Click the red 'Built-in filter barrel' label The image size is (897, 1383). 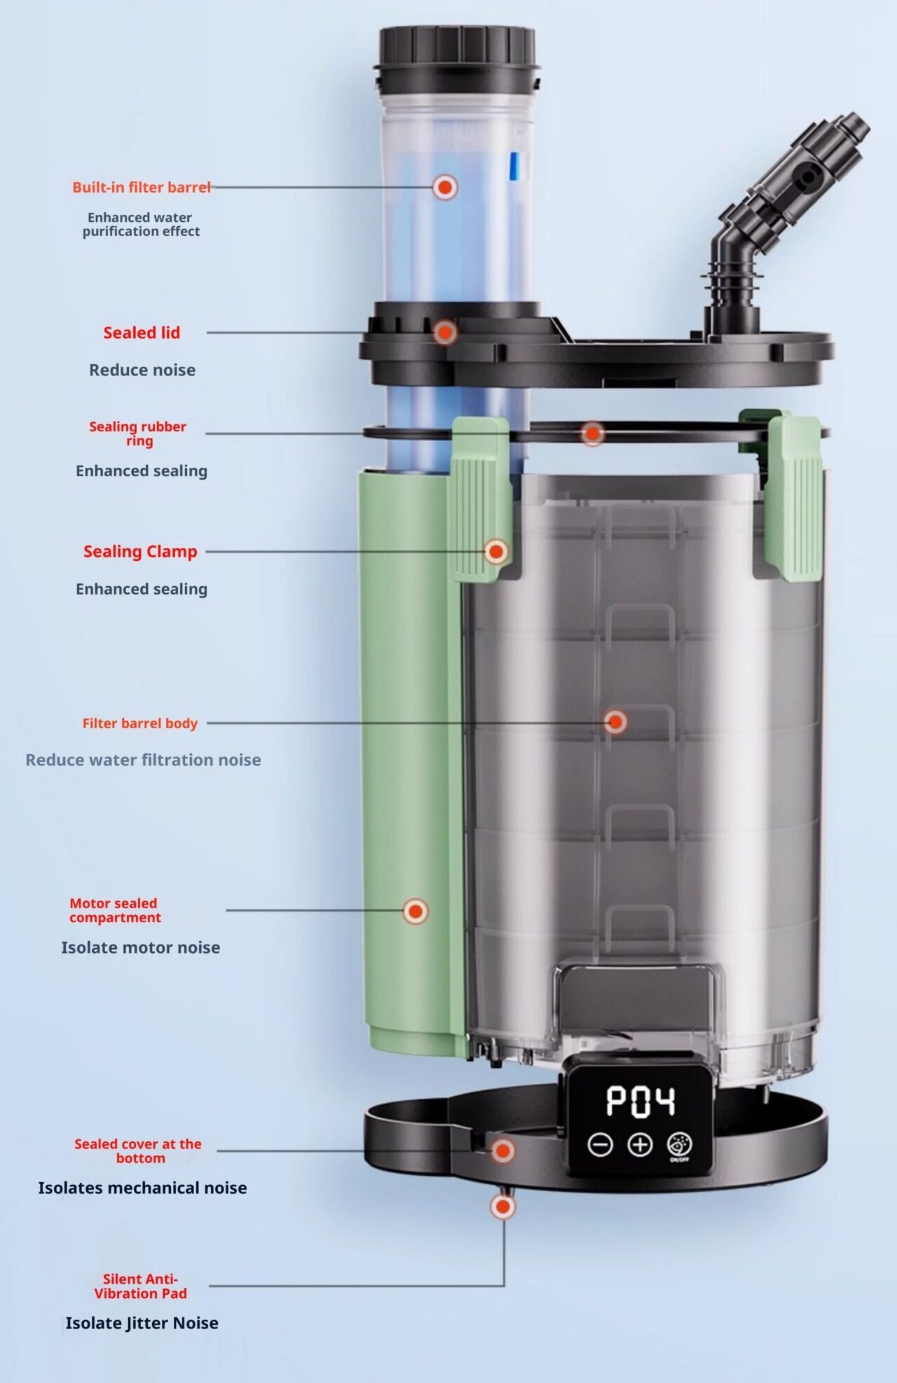tap(142, 187)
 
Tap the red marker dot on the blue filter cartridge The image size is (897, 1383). tap(444, 187)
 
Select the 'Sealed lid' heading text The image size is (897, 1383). tap(142, 333)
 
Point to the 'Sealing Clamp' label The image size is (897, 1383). tap(140, 552)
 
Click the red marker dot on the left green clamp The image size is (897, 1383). tap(496, 552)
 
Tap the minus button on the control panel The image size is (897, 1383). tap(600, 1145)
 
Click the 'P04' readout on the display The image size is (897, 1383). tap(641, 1101)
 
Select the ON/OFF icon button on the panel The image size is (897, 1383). tap(680, 1146)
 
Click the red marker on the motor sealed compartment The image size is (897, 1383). tap(416, 911)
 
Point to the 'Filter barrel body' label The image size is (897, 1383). tap(140, 723)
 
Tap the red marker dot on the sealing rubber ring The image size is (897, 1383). tap(592, 433)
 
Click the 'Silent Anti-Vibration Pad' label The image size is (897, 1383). tap(141, 1286)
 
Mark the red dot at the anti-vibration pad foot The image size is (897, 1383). tap(502, 1207)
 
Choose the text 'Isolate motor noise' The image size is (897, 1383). tap(141, 947)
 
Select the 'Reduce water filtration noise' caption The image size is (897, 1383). tap(143, 760)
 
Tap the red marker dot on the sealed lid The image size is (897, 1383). tap(444, 332)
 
